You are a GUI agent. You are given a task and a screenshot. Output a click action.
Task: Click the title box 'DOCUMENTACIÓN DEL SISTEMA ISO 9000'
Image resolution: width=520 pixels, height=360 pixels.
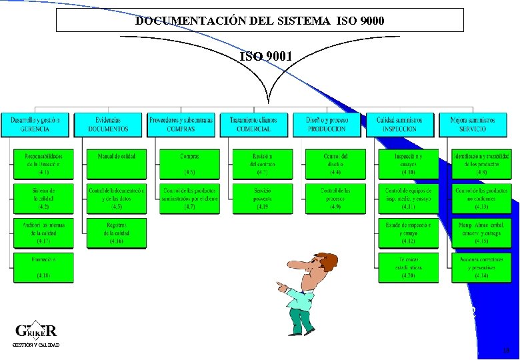tap(259, 20)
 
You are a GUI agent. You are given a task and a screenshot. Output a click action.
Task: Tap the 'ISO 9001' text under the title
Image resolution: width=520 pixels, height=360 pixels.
tap(265, 57)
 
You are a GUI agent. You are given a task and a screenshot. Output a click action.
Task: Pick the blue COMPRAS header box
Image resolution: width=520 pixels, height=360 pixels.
tap(181, 124)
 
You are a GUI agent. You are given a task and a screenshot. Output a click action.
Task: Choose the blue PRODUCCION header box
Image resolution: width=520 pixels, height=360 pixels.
tap(327, 124)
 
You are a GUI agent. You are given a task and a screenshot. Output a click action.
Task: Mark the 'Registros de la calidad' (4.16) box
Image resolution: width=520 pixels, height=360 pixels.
tap(116, 233)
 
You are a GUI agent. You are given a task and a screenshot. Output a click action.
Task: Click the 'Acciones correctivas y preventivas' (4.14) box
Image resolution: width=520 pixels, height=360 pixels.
tap(480, 266)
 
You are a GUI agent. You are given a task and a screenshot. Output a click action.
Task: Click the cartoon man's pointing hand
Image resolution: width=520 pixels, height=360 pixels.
tap(282, 287)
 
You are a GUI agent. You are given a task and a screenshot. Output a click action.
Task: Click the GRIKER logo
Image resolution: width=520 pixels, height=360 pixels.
tap(36, 330)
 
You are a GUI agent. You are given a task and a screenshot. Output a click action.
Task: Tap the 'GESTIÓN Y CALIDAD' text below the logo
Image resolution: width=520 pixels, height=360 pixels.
tap(36, 345)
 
